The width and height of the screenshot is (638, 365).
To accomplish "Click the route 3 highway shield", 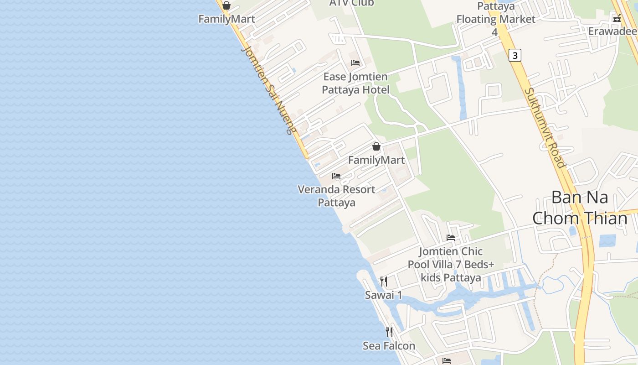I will [515, 55].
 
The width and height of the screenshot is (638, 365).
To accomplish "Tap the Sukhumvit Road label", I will [545, 128].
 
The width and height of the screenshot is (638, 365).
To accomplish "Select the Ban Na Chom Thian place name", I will [580, 208].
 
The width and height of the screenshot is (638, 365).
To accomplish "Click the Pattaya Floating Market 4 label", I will [496, 19].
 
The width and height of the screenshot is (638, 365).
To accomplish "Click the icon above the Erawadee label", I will [617, 18].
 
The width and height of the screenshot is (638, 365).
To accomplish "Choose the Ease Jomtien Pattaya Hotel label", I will [355, 83].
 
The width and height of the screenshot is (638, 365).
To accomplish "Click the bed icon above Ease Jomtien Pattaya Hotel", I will [355, 63].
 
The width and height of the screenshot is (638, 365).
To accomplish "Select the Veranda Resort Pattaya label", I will [336, 196].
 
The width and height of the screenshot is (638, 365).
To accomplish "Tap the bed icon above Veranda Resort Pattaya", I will [336, 176].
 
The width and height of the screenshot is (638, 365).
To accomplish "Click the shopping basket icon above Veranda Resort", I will [376, 146].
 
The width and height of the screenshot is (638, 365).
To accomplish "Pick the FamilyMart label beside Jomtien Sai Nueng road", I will [226, 19].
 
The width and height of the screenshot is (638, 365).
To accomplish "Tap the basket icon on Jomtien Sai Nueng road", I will [226, 6].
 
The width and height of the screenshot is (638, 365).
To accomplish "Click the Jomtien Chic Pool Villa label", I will [451, 264].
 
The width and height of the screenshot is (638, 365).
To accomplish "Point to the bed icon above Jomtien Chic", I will [451, 237].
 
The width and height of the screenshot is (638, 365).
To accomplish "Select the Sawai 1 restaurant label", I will [384, 295].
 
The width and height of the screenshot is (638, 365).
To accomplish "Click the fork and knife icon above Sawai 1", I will [384, 282].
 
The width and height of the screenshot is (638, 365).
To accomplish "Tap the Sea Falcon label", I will [389, 346].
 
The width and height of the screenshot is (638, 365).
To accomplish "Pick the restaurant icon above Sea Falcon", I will [389, 332].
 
